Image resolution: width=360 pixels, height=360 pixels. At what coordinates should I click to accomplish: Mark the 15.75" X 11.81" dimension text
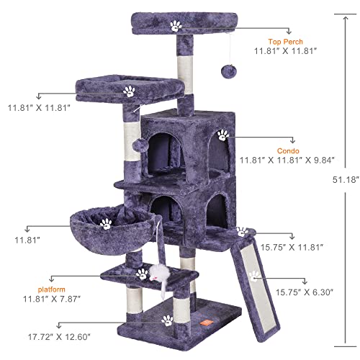tap(296, 247)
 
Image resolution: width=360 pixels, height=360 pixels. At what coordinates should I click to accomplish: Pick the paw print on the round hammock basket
tap(107, 224)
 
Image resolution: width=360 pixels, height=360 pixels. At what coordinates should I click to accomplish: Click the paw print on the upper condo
tap(222, 134)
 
